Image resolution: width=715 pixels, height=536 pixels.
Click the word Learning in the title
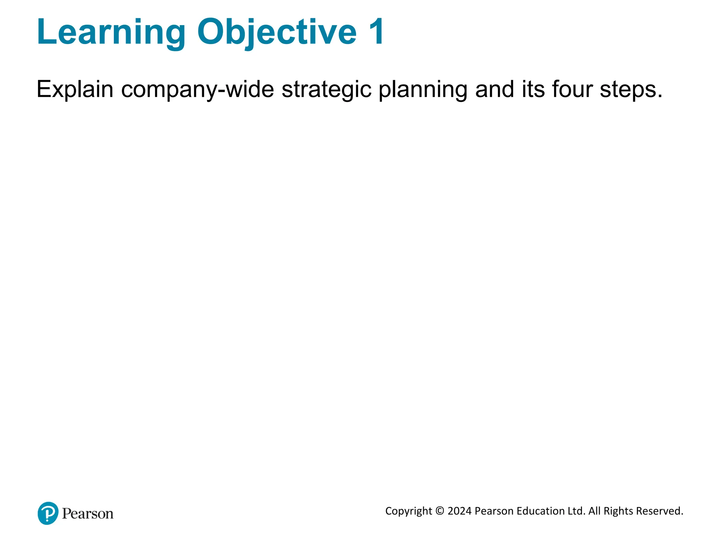(111, 32)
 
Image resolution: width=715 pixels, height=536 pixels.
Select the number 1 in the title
(376, 32)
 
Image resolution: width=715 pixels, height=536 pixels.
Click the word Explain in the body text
(75, 90)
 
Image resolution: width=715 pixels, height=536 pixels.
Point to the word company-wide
(197, 90)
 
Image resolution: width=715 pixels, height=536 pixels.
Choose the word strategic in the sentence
(326, 90)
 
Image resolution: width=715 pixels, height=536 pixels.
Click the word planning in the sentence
(423, 90)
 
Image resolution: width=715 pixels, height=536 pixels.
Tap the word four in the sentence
(572, 90)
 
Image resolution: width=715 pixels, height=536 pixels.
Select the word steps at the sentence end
(630, 90)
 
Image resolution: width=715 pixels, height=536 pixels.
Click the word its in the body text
(533, 90)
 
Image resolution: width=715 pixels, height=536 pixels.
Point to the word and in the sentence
(494, 90)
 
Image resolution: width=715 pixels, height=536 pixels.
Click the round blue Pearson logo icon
(48, 513)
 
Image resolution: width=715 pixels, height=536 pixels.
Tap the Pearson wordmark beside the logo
(88, 514)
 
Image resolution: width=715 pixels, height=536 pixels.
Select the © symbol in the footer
(440, 511)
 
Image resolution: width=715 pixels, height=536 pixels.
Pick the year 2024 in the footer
(459, 511)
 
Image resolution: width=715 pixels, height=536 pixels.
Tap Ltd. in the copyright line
(576, 511)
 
